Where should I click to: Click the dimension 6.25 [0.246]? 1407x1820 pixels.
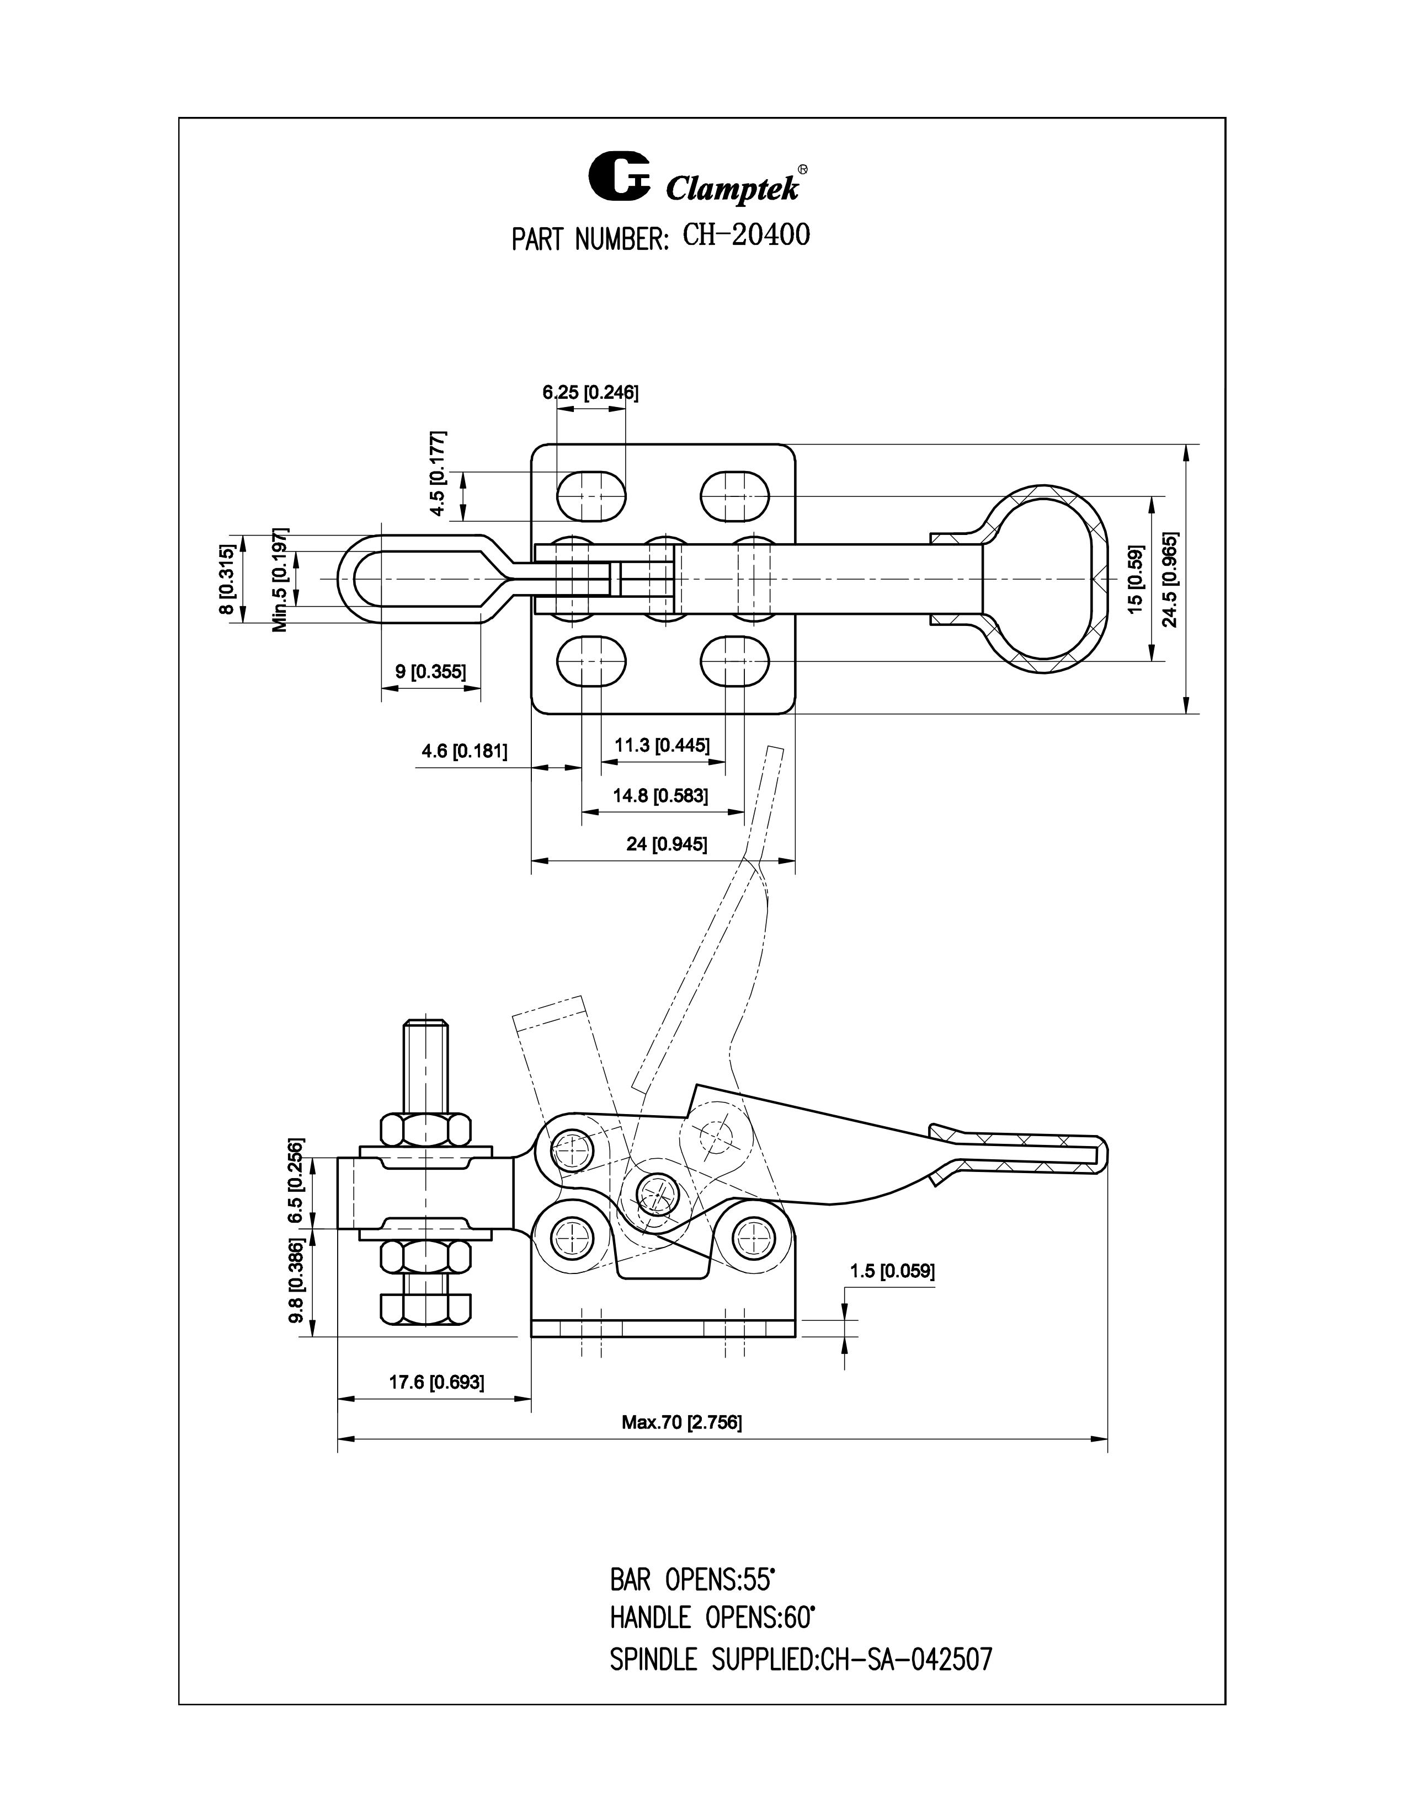[x=590, y=393]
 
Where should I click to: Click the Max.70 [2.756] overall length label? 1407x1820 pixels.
[x=681, y=1422]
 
